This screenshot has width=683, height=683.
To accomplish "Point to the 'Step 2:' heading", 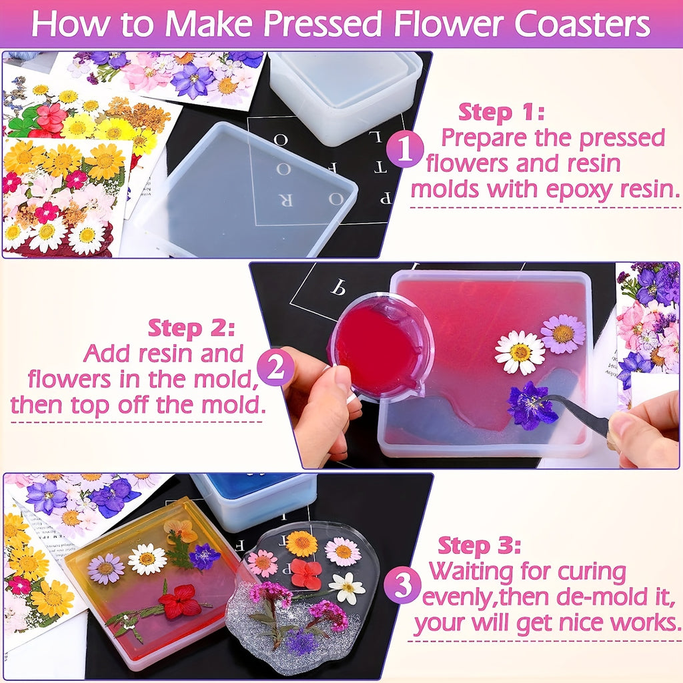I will coord(191,328).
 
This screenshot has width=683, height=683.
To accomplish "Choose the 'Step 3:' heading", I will coord(479,546).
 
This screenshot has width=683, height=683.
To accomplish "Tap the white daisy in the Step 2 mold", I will coord(520,352).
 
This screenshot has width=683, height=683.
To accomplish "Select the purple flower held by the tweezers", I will coord(531,406).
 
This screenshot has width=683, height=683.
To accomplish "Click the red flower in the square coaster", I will coord(179,602).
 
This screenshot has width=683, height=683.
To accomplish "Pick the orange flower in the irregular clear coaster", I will coord(301,543).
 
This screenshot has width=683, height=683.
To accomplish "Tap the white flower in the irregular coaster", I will coord(347,588).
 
